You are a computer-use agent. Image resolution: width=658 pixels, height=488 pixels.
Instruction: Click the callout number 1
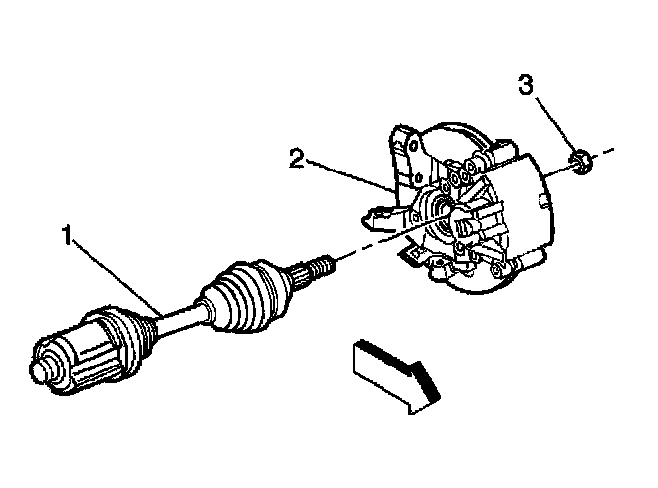click(x=66, y=236)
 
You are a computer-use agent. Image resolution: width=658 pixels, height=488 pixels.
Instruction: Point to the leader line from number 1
click(x=113, y=275)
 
